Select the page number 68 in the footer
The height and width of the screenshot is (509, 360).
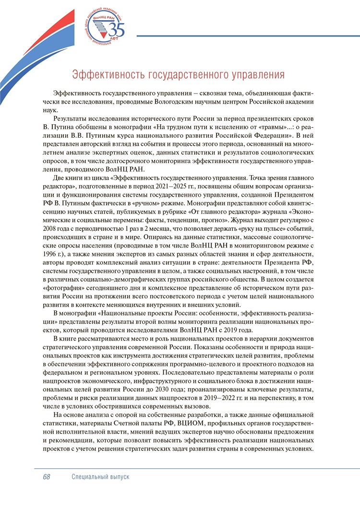click(47, 477)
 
